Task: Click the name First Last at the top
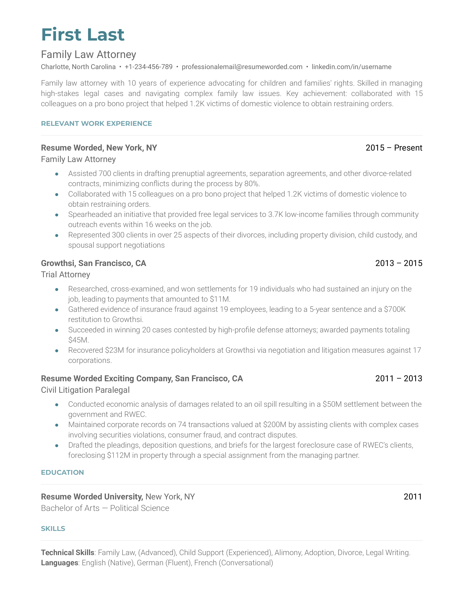[x=83, y=35]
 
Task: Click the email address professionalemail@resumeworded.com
[x=242, y=67]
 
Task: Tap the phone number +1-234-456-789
[x=148, y=67]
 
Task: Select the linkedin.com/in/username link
[x=351, y=67]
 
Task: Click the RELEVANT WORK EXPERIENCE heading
[x=96, y=124]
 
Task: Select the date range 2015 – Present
[x=394, y=148]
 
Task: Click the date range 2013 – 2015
[x=398, y=263]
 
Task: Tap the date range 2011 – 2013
[x=398, y=379]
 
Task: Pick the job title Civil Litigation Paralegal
[x=85, y=390]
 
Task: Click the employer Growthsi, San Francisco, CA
[x=94, y=263]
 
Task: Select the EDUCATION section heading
[x=62, y=473]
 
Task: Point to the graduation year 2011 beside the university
[x=413, y=497]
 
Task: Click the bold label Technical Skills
[x=68, y=553]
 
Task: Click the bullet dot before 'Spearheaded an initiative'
[x=57, y=215]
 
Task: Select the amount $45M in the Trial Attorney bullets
[x=78, y=340]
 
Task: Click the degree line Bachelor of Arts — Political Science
[x=105, y=508]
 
